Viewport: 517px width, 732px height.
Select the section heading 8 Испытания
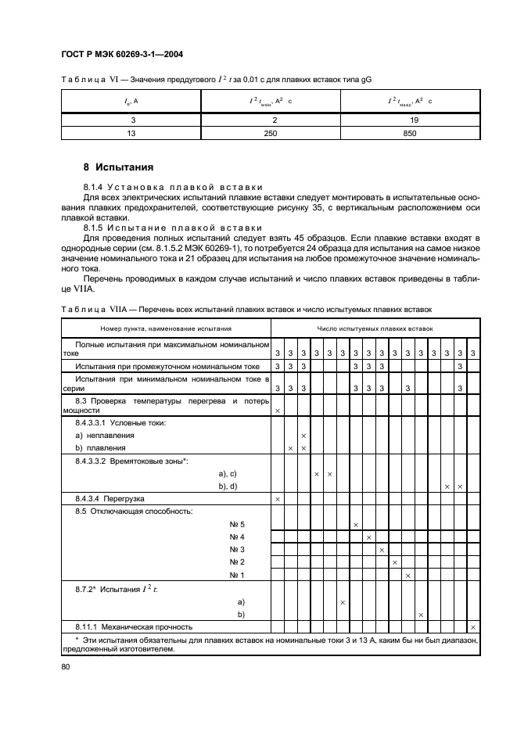click(x=117, y=167)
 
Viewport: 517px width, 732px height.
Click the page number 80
click(x=66, y=666)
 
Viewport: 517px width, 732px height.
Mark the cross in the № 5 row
click(x=355, y=524)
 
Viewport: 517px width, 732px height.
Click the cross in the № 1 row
click(x=407, y=576)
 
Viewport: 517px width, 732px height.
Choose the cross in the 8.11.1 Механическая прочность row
click(x=472, y=627)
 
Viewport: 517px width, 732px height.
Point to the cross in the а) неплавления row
click(x=303, y=435)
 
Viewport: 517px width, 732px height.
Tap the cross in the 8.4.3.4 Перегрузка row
click(x=277, y=498)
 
